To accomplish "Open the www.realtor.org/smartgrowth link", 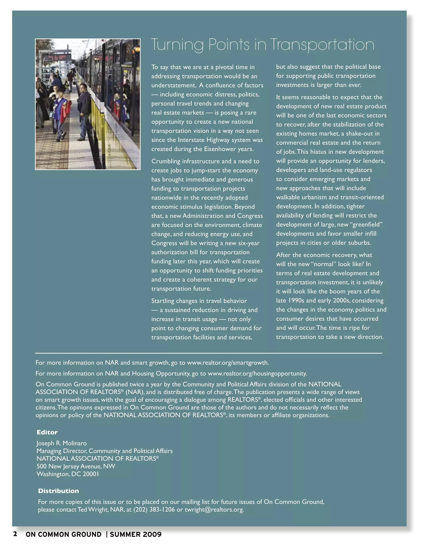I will tap(228, 363).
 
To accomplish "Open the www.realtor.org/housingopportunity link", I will tap(257, 374).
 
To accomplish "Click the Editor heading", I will tap(47, 432).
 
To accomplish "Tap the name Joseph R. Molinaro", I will tap(61, 443).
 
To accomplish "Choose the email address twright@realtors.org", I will tap(214, 510).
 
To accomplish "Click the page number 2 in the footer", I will tap(15, 534).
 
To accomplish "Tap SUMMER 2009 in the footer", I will tap(136, 534).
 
